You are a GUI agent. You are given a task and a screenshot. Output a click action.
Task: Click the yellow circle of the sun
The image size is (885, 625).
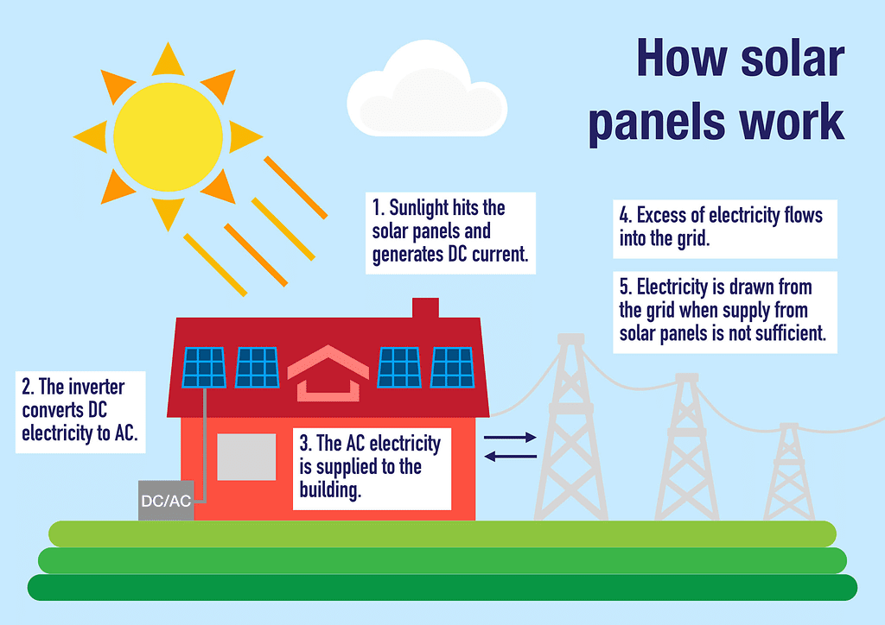pyautogui.click(x=168, y=137)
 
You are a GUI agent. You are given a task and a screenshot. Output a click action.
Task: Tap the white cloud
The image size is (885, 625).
pyautogui.click(x=427, y=90)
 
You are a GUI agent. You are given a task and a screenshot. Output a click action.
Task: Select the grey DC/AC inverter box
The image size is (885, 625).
pyautogui.click(x=166, y=501)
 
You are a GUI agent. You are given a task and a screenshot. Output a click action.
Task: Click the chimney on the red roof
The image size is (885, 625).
pyautogui.click(x=425, y=307)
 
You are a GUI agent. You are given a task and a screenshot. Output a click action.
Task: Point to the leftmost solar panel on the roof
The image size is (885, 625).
pyautogui.click(x=204, y=368)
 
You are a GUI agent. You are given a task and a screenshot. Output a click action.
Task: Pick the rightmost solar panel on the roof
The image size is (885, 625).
pyautogui.click(x=453, y=368)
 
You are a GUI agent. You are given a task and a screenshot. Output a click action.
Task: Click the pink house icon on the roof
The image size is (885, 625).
pyautogui.click(x=328, y=373)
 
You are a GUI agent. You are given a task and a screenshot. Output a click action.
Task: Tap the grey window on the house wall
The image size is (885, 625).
pyautogui.click(x=246, y=457)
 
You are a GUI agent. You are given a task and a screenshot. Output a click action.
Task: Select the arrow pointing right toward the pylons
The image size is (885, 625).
pyautogui.click(x=510, y=437)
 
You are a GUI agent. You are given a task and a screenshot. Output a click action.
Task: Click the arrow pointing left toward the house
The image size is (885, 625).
pyautogui.click(x=510, y=456)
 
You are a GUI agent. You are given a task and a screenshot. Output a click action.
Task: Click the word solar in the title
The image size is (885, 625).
pyautogui.click(x=793, y=59)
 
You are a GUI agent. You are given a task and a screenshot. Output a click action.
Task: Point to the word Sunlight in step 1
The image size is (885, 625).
pyautogui.click(x=418, y=208)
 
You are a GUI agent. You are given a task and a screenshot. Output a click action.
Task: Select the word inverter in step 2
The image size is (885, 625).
pyautogui.click(x=96, y=388)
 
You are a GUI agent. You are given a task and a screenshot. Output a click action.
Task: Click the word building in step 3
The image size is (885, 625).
pyautogui.click(x=330, y=490)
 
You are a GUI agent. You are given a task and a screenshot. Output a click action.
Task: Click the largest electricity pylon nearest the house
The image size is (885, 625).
pyautogui.click(x=570, y=426)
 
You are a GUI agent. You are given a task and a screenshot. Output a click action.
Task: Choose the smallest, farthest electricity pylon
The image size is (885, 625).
pyautogui.click(x=789, y=471)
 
